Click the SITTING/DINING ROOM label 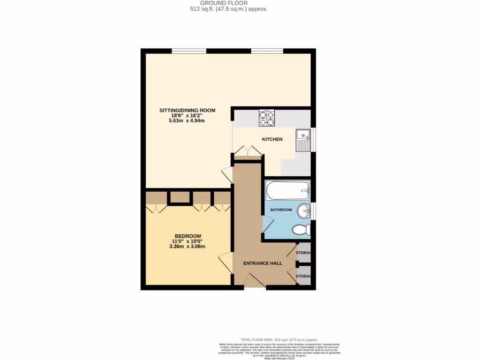click(x=187, y=111)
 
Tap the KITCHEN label click(x=272, y=139)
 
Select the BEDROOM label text click(x=187, y=236)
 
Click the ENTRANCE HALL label click(x=262, y=263)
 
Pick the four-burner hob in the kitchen click(x=267, y=118)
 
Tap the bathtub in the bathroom click(x=287, y=191)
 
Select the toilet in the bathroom click(x=300, y=230)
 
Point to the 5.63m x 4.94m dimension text click(x=187, y=121)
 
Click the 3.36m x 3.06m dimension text click(x=187, y=247)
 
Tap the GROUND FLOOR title click(x=224, y=3)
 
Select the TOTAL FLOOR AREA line click(x=279, y=340)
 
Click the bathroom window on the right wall click(x=313, y=210)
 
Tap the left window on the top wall click(x=188, y=51)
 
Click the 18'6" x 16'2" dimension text click(x=187, y=116)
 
